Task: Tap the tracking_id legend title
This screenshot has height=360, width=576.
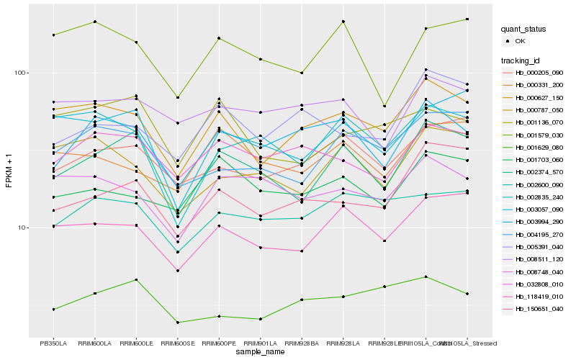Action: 521,60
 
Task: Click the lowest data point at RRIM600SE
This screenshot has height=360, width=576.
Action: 178,322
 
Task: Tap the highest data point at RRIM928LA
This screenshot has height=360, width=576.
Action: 343,22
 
